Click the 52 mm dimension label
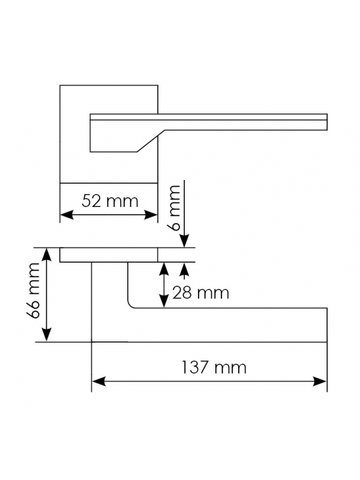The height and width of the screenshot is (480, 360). [x=110, y=201]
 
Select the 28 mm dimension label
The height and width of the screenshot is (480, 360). [x=200, y=293]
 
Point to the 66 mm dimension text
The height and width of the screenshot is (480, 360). [x=34, y=291]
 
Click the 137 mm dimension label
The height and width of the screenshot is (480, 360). [x=214, y=367]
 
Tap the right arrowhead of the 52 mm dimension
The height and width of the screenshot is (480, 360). [x=151, y=215]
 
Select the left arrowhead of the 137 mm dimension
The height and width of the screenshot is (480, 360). [x=98, y=382]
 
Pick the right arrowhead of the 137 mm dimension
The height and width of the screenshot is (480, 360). [x=320, y=382]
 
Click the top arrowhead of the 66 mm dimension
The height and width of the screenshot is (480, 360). [x=46, y=254]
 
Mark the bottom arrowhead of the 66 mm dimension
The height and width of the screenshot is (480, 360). [x=46, y=334]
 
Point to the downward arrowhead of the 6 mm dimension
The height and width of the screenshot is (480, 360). [x=184, y=241]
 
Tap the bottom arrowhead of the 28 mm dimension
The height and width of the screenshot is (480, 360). [x=164, y=301]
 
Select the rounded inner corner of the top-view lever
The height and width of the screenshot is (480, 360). [x=130, y=305]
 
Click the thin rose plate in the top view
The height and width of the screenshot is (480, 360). [x=109, y=255]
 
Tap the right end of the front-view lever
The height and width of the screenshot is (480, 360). [x=327, y=122]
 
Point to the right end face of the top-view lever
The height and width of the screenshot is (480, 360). [x=327, y=325]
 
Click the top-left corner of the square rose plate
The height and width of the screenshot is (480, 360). [x=60, y=85]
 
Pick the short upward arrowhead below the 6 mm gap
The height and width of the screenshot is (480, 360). [x=184, y=269]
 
